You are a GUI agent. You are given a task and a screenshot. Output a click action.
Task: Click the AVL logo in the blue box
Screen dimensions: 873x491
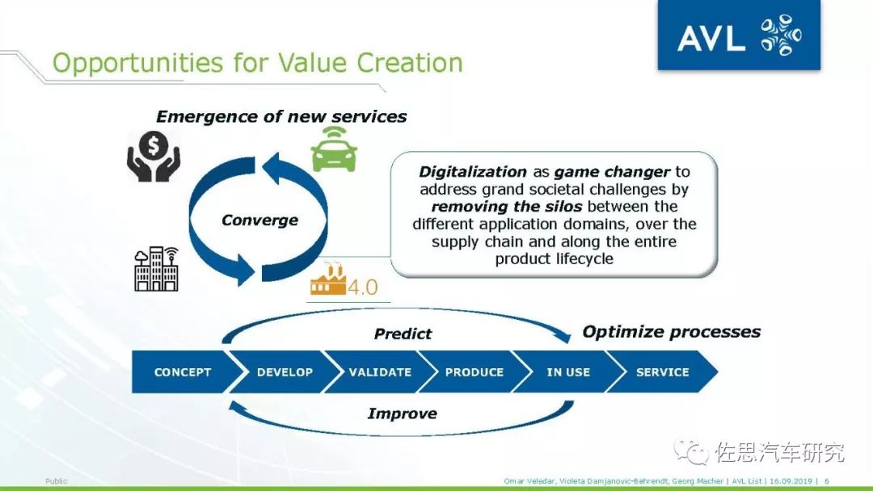point(739,35)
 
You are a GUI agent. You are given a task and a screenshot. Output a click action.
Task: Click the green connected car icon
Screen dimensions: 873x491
point(334,149)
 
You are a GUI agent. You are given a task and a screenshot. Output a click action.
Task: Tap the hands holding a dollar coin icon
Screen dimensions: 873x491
point(153,156)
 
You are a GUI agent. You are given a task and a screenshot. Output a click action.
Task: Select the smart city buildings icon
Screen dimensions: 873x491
point(157,269)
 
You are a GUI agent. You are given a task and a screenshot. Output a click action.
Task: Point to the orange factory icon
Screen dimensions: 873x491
point(328,279)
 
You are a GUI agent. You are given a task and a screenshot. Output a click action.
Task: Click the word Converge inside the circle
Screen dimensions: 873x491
point(259,220)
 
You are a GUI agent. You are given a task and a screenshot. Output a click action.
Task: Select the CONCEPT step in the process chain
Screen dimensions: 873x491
point(182,372)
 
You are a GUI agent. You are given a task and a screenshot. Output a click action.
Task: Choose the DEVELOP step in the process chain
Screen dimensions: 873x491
point(285,372)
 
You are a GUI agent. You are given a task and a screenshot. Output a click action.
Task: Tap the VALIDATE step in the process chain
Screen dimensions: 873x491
point(380,372)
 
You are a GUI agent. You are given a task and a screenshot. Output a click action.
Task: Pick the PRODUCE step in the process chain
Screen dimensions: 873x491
point(474,372)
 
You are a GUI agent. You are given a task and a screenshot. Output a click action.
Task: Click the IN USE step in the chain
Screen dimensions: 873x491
point(568,372)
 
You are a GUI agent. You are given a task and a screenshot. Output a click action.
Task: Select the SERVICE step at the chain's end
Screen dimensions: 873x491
point(662,372)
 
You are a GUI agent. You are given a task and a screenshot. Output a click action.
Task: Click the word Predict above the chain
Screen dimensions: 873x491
point(403,334)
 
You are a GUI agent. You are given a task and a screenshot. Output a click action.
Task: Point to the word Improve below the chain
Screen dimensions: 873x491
point(402,413)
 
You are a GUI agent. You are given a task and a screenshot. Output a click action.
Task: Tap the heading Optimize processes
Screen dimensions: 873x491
point(672,332)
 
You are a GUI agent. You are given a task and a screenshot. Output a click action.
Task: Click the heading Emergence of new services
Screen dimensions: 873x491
point(281,116)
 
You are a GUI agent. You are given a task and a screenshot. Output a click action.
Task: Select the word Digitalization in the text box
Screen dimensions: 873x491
point(473,172)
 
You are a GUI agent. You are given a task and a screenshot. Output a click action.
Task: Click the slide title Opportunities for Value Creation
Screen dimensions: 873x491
point(257,63)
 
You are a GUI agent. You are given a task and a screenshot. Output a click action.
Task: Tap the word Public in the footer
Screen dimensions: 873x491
point(57,481)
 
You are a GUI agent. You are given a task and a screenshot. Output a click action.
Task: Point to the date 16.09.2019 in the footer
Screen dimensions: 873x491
point(791,481)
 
